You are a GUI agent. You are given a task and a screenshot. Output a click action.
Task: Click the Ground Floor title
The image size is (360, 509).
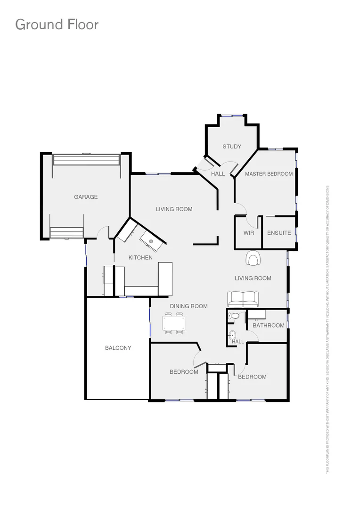point(57,24)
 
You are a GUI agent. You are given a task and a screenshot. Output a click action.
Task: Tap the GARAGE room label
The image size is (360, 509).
point(86,197)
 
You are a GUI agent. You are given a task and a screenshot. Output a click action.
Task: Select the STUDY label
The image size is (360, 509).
point(232,147)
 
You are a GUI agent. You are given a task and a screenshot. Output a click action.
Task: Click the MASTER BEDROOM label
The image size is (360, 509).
point(269,174)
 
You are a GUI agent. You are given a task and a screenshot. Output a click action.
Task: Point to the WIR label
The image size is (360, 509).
point(249,233)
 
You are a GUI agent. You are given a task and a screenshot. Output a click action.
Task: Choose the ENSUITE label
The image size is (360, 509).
point(279,233)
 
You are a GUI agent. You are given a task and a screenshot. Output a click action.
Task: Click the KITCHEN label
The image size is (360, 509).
point(140,257)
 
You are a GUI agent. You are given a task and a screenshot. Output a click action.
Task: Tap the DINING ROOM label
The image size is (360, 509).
point(188,306)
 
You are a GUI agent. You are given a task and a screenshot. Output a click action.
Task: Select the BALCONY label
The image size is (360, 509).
point(118,348)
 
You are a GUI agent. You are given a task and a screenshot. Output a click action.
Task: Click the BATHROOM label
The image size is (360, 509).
point(269,325)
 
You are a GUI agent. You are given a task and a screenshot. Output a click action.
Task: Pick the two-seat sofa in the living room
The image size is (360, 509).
point(243,299)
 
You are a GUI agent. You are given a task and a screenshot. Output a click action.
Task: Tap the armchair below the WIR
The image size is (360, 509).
point(253,258)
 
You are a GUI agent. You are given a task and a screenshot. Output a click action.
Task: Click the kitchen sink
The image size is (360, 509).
point(152,241)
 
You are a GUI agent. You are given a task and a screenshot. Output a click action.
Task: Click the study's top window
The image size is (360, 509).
point(233,115)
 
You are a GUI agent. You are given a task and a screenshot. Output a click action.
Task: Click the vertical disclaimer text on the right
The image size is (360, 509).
point(328,329)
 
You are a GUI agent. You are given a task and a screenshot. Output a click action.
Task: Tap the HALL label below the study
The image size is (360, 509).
point(218,174)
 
